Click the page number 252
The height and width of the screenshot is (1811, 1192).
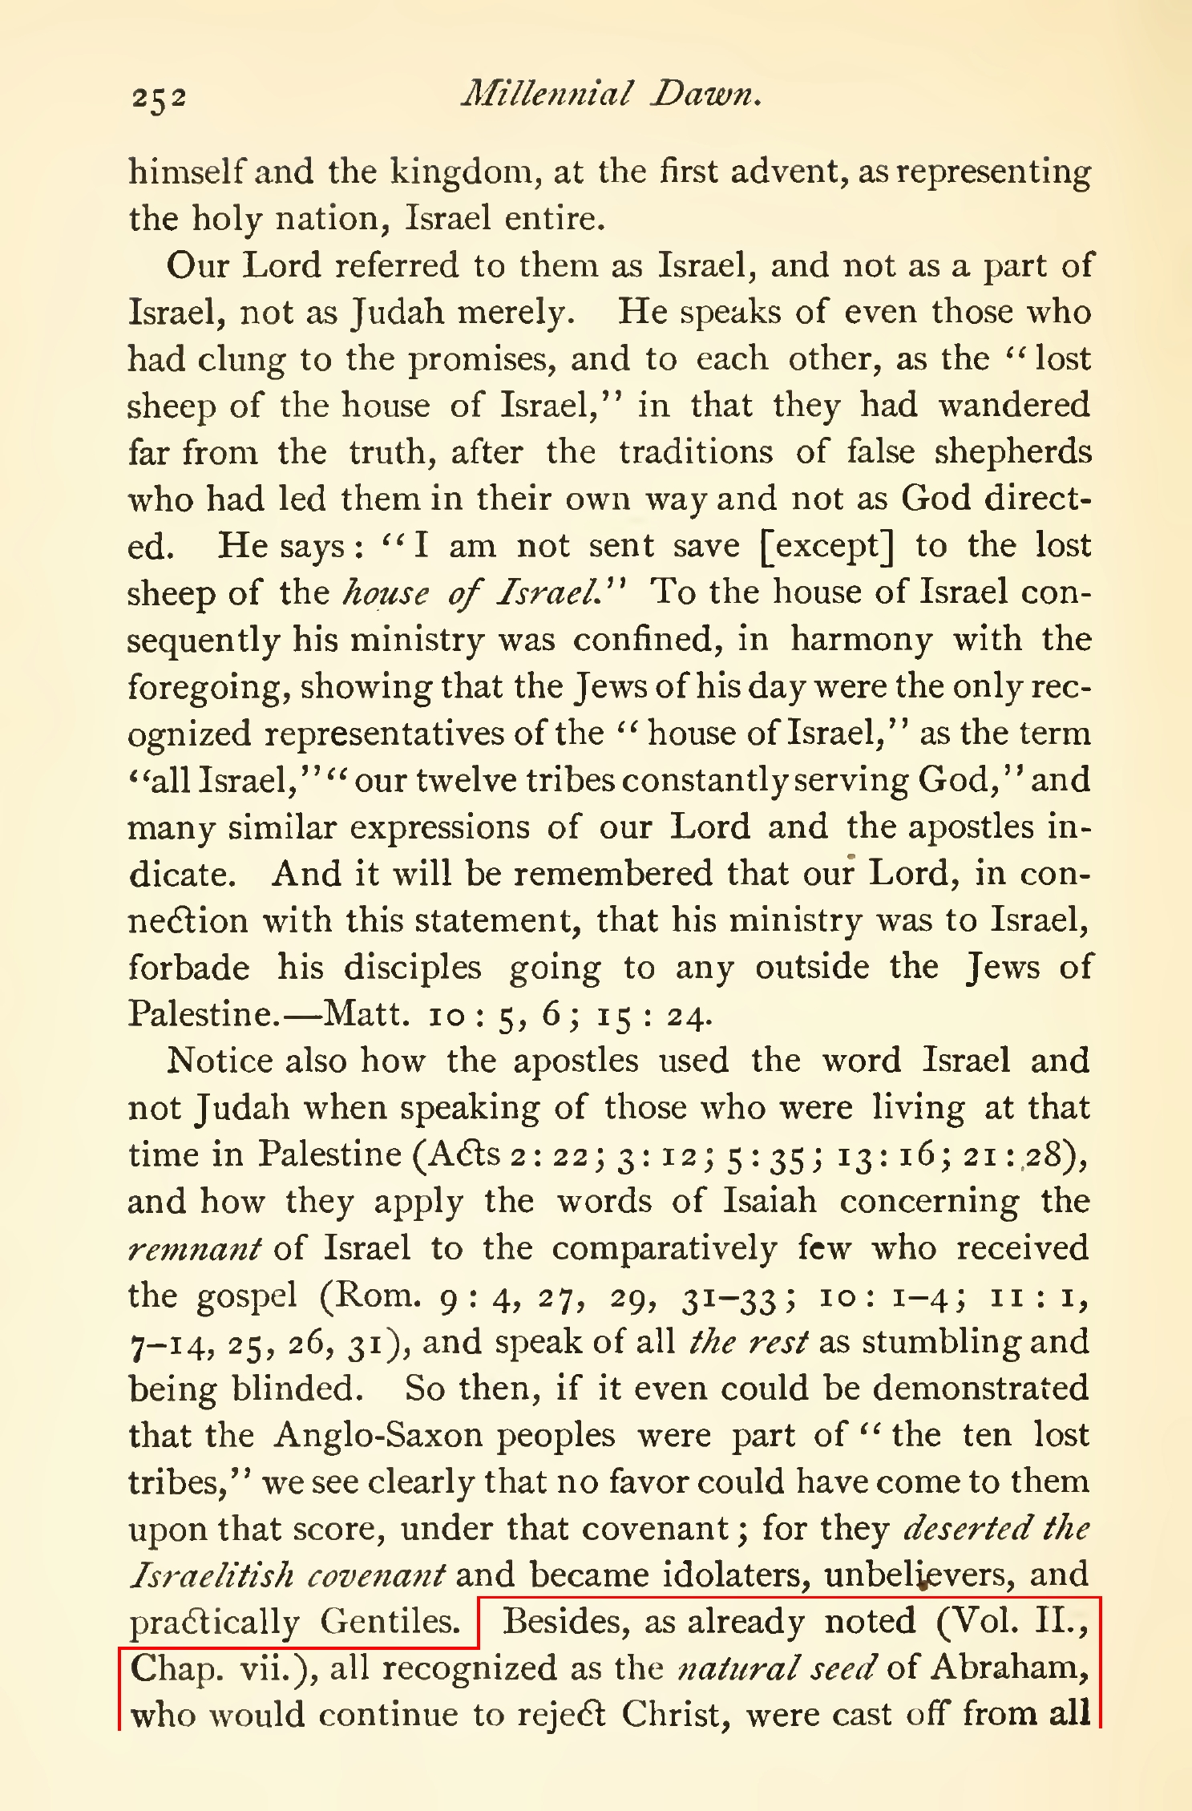pyautogui.click(x=160, y=97)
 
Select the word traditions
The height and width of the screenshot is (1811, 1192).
pyautogui.click(x=696, y=452)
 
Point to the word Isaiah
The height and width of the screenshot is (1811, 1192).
pyautogui.click(x=770, y=1202)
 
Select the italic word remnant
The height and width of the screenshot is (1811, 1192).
pyautogui.click(x=195, y=1249)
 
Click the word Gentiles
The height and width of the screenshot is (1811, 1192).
pyautogui.click(x=390, y=1623)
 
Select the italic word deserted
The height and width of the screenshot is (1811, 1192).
pyautogui.click(x=967, y=1529)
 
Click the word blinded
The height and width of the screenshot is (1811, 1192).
pyautogui.click(x=296, y=1389)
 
